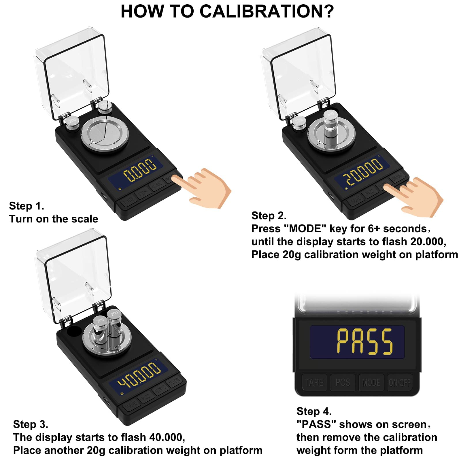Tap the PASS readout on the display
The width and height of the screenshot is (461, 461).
364,341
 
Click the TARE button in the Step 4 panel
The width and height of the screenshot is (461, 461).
314,382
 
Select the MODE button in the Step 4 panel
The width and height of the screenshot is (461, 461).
371,382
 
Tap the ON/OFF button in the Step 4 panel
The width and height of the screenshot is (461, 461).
400,382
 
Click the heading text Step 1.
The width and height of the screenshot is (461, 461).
27,206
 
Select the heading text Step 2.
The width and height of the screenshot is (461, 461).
269,216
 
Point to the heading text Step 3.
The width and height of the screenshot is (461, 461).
31,424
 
